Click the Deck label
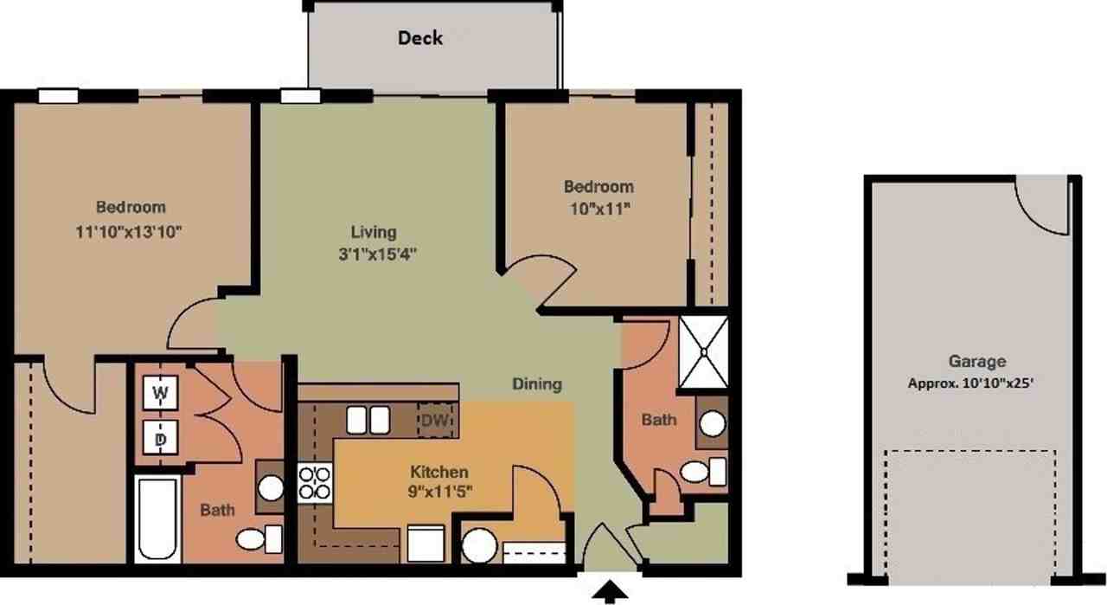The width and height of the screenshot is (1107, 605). point(420,38)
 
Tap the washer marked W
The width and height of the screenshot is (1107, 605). point(160,393)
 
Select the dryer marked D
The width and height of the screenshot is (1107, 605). point(160,439)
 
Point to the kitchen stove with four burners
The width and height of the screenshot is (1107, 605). point(315,483)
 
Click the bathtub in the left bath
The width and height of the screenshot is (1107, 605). point(157,518)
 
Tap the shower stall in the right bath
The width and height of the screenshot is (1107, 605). point(703,352)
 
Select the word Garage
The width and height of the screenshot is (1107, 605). point(977,362)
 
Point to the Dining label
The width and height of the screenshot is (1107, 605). point(536,384)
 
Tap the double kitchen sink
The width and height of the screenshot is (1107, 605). point(368,420)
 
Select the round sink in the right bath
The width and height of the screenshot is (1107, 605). point(712,423)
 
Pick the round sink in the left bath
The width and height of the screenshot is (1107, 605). point(271,488)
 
